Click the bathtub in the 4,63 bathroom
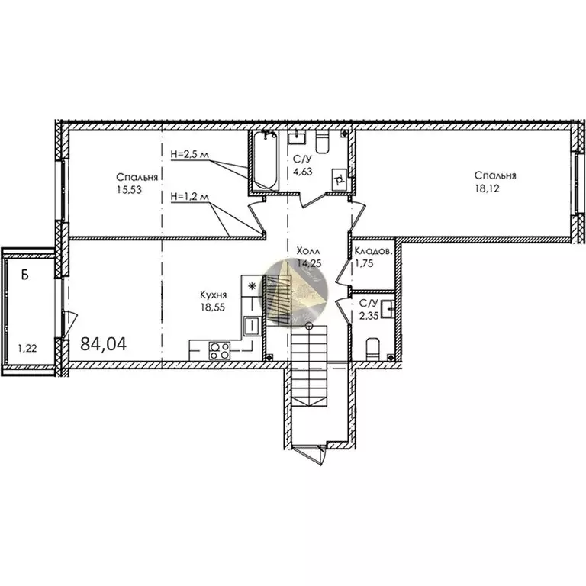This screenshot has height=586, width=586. click(x=265, y=160)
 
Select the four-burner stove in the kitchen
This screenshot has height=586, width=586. click(x=221, y=351)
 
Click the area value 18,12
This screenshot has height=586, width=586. click(x=499, y=188)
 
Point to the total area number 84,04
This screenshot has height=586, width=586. click(x=103, y=344)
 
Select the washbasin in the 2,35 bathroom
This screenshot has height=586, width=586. click(x=388, y=309)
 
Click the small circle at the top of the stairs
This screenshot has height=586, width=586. click(x=308, y=326)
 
